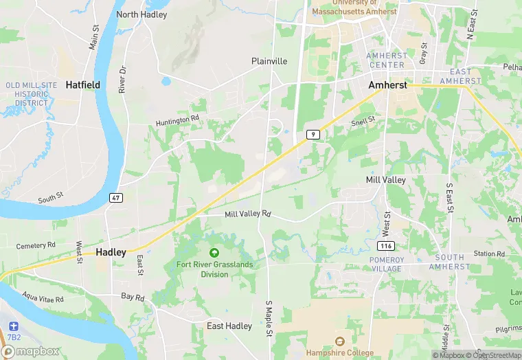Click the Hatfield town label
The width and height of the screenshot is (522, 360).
(82, 85)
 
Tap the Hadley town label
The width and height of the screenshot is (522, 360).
(111, 252)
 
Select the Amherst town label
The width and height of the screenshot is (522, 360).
(387, 85)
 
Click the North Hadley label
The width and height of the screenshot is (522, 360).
(141, 14)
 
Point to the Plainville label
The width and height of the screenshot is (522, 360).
(269, 61)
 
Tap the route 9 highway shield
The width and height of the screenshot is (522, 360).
(313, 135)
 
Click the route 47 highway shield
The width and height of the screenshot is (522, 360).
(115, 198)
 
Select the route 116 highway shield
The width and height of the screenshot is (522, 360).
(386, 246)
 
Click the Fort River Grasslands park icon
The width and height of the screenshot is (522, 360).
(214, 254)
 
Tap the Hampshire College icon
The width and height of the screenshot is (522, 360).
(339, 341)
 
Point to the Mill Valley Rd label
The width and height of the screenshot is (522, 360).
(248, 214)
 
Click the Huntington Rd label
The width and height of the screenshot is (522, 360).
(177, 118)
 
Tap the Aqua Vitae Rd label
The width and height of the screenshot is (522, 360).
(43, 300)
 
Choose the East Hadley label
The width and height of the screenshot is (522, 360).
(229, 326)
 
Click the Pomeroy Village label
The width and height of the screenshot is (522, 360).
(385, 263)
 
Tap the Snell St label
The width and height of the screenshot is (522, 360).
(363, 121)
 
